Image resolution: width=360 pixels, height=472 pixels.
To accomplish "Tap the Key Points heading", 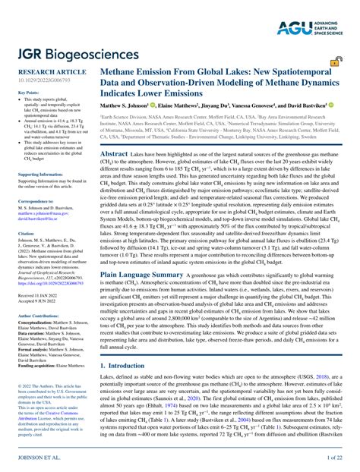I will (28, 93).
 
